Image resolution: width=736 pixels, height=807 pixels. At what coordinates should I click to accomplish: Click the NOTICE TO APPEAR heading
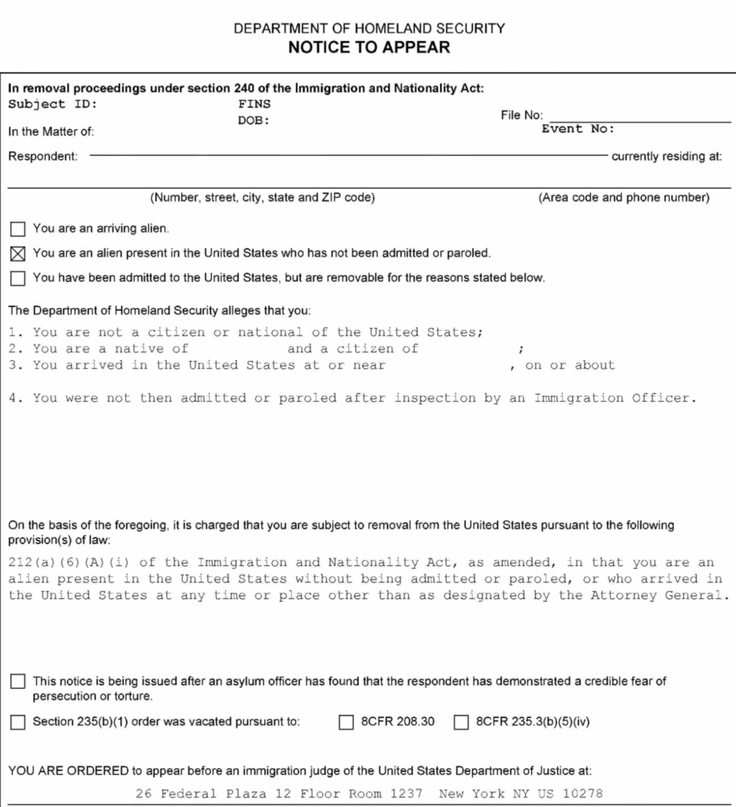369,47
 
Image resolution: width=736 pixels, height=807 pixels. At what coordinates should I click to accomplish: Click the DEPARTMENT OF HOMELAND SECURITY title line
369,28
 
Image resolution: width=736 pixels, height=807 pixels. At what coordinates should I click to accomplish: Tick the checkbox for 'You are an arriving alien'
17,229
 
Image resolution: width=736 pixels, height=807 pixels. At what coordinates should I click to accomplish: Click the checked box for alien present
17,254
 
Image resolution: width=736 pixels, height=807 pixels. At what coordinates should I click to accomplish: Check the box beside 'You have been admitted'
17,277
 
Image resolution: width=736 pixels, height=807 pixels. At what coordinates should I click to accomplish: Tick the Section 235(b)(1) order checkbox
17,722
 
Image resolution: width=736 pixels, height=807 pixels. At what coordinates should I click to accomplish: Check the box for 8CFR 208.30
345,722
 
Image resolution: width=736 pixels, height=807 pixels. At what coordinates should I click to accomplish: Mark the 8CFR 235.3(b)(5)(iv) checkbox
462,722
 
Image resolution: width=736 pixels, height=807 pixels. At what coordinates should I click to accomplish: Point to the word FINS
254,102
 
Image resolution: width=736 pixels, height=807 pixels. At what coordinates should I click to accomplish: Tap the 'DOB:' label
254,121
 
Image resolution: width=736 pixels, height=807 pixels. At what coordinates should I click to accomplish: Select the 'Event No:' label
578,129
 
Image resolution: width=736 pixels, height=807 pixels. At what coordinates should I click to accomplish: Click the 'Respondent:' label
43,156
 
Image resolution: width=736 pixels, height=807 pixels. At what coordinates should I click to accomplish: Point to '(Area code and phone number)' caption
624,198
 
